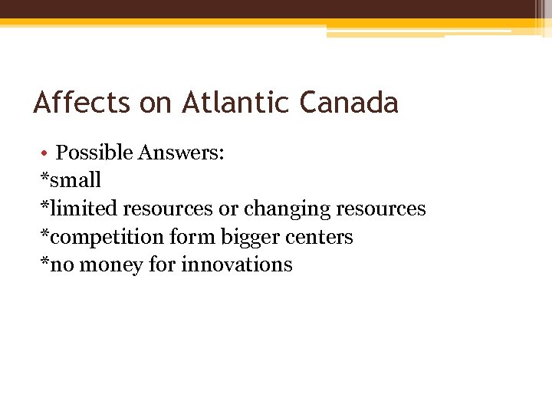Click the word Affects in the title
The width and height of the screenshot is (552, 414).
(82, 102)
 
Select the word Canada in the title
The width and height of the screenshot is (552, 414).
(349, 102)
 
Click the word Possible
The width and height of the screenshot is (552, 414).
(94, 152)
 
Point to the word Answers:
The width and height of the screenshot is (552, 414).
(181, 152)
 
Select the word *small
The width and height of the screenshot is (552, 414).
(71, 180)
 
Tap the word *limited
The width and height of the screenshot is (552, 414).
(80, 208)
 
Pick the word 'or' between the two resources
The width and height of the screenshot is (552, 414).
(229, 209)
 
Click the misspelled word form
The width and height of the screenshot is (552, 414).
(192, 236)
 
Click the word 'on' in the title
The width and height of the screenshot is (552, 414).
(156, 102)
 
